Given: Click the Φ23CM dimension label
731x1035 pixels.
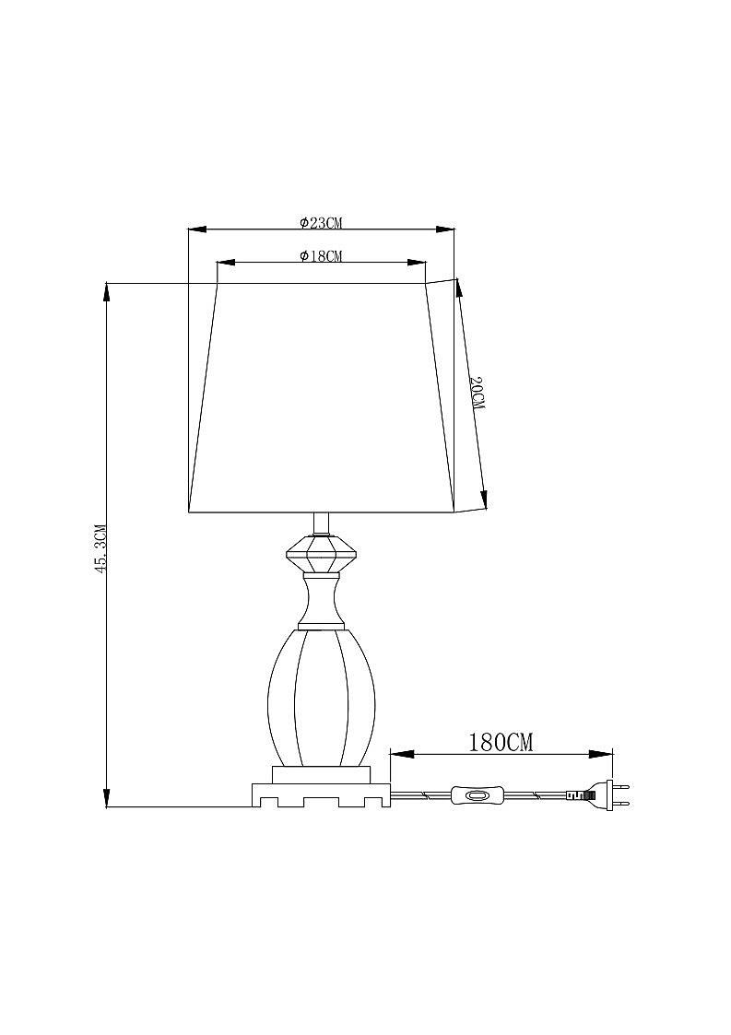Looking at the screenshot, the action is pyautogui.click(x=320, y=223).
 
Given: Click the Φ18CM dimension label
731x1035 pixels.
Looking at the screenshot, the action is pyautogui.click(x=320, y=256).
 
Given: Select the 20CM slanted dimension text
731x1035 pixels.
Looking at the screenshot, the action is pyautogui.click(x=477, y=394).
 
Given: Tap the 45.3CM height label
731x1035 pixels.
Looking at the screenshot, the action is pyautogui.click(x=100, y=547).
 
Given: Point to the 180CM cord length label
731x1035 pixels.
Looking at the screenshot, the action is pyautogui.click(x=501, y=743).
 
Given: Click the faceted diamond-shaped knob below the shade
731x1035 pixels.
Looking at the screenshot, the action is pyautogui.click(x=322, y=555).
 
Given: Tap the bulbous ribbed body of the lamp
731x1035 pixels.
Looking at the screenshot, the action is pyautogui.click(x=322, y=697).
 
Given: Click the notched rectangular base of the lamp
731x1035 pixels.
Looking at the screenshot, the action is pyautogui.click(x=321, y=794).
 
